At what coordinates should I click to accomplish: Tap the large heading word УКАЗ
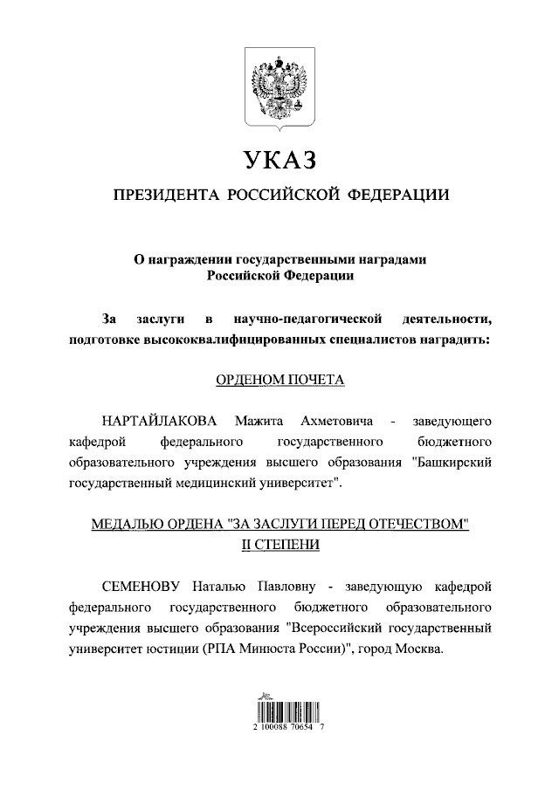pyautogui.click(x=279, y=160)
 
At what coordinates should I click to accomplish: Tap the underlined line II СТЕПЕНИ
pyautogui.click(x=279, y=545)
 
